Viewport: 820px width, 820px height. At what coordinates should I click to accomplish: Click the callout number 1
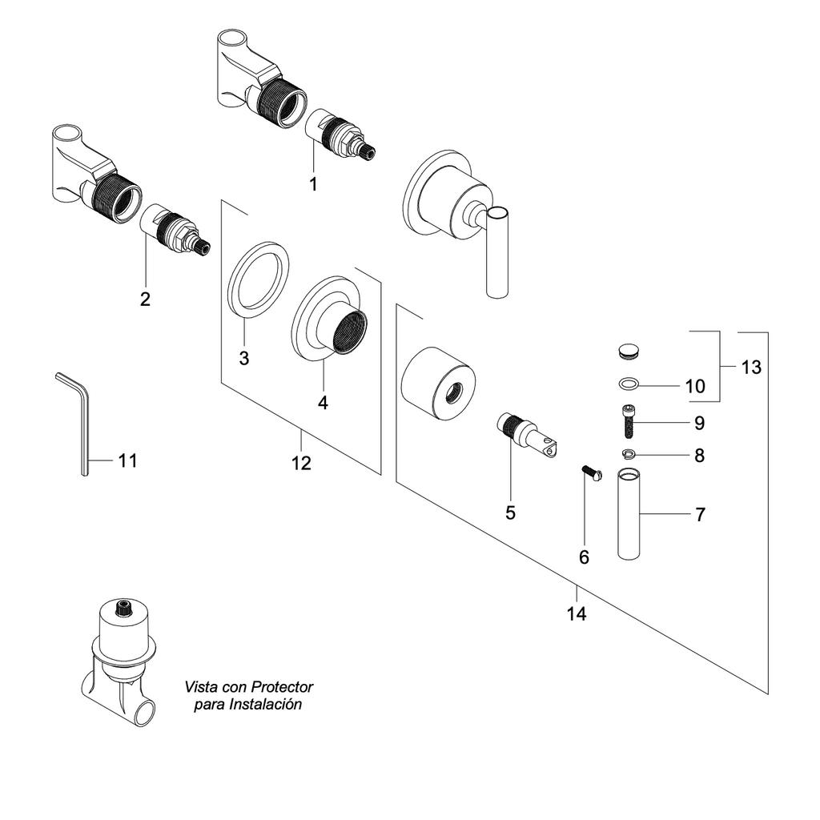(x=313, y=184)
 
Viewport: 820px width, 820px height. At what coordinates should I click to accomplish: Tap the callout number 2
(x=145, y=299)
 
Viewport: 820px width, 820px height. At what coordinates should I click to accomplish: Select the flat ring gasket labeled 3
(x=259, y=278)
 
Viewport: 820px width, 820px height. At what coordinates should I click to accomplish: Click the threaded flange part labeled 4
(x=329, y=317)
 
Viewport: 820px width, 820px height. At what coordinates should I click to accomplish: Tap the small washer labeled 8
(x=629, y=455)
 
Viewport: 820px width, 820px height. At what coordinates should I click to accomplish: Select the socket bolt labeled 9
(x=629, y=421)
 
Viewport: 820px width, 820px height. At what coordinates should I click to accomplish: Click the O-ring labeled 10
(x=629, y=384)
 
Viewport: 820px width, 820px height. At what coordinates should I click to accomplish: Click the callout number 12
(x=301, y=463)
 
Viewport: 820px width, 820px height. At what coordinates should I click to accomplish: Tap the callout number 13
(x=751, y=368)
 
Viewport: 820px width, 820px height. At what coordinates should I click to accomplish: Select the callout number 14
(x=577, y=614)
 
